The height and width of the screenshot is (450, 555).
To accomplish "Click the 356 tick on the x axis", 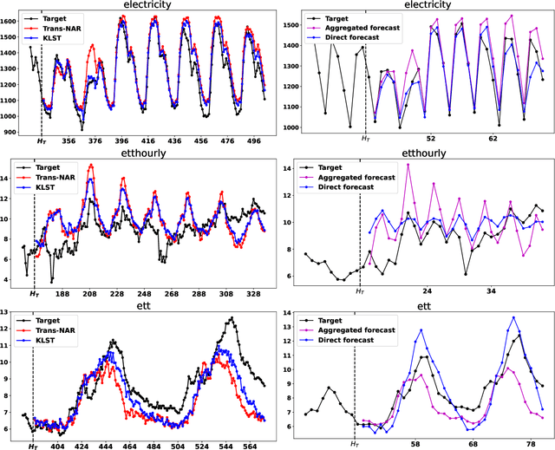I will click(x=70, y=142).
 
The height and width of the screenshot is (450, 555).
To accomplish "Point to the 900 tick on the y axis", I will click(x=10, y=132).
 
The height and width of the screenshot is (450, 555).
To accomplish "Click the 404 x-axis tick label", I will click(x=58, y=446).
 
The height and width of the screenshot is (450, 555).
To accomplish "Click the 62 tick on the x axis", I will click(x=493, y=139).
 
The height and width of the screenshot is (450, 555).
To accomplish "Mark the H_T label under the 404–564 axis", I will click(x=34, y=446).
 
